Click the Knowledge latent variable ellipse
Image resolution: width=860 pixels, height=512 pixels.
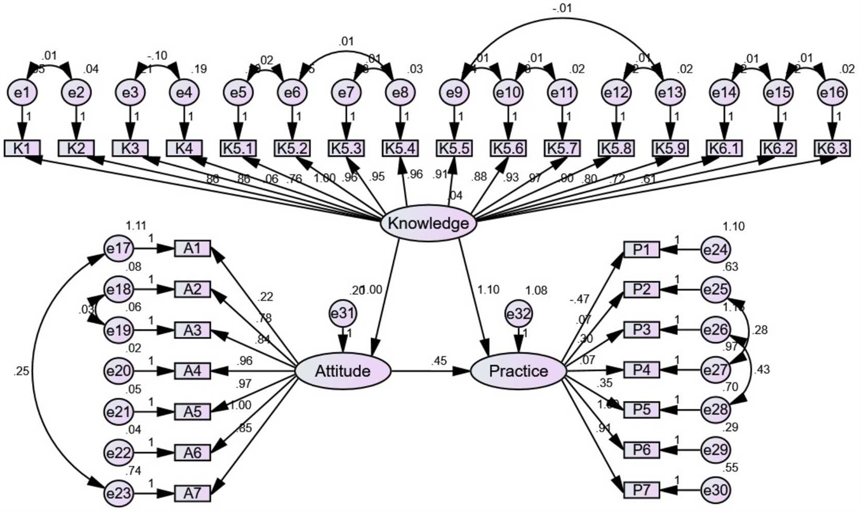(x=428, y=223)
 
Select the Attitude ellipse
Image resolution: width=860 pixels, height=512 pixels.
(x=342, y=371)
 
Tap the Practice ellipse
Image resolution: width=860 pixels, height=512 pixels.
(x=518, y=371)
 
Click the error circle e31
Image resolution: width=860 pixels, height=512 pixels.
(x=342, y=314)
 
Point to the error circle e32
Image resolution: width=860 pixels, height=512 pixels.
(x=518, y=314)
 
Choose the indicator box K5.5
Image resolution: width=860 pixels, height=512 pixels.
(x=454, y=148)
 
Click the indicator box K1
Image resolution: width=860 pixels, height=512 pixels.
(x=22, y=148)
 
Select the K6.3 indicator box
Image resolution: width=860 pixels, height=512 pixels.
(x=832, y=148)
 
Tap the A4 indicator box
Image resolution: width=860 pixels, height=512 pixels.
(x=192, y=371)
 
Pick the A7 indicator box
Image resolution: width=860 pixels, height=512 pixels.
(x=192, y=493)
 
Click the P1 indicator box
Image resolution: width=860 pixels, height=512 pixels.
(x=641, y=249)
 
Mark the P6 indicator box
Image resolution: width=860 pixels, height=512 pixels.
(x=641, y=450)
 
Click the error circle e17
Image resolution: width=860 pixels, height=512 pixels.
(x=118, y=249)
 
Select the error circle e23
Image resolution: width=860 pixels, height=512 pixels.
(x=118, y=493)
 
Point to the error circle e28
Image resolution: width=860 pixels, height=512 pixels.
(x=715, y=410)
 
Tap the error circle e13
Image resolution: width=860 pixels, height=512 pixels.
(x=670, y=92)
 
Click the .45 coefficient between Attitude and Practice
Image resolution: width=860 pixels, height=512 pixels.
(x=439, y=361)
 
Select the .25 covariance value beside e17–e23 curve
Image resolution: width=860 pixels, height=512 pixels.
(x=22, y=371)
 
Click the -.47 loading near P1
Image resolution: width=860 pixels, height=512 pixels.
(x=579, y=299)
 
